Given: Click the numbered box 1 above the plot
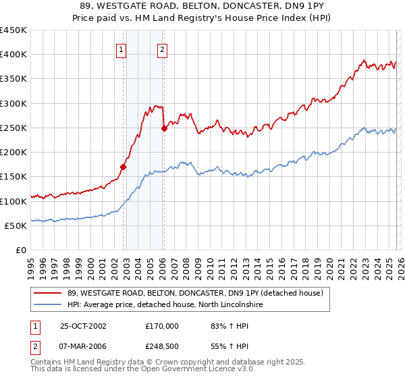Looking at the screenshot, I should coord(121,49).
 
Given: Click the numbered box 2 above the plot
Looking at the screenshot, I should coord(163,49).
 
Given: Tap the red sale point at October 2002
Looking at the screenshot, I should coord(124,166).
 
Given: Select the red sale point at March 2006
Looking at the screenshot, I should coord(164,128).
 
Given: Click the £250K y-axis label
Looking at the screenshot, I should coord(13,128).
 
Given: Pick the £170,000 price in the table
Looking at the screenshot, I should coord(162,325).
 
